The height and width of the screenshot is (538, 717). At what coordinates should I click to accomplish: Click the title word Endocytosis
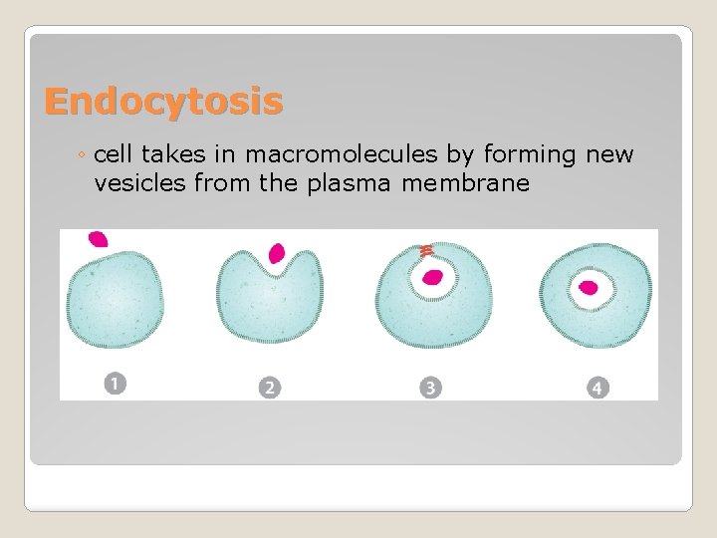tap(163, 101)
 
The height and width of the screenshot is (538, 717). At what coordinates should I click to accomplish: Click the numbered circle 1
tap(116, 383)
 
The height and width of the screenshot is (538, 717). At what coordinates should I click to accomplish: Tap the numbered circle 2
tap(268, 387)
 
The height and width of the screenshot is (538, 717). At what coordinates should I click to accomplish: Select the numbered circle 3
tap(430, 387)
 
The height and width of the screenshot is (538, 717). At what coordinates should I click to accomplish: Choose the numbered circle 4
tap(597, 387)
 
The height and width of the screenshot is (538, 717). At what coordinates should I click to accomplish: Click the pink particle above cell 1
tap(98, 239)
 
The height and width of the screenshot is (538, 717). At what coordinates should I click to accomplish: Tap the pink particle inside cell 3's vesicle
tap(432, 277)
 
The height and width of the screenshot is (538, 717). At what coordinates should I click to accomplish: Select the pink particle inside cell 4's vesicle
tap(589, 288)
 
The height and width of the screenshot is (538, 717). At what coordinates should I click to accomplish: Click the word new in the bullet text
tap(606, 154)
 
